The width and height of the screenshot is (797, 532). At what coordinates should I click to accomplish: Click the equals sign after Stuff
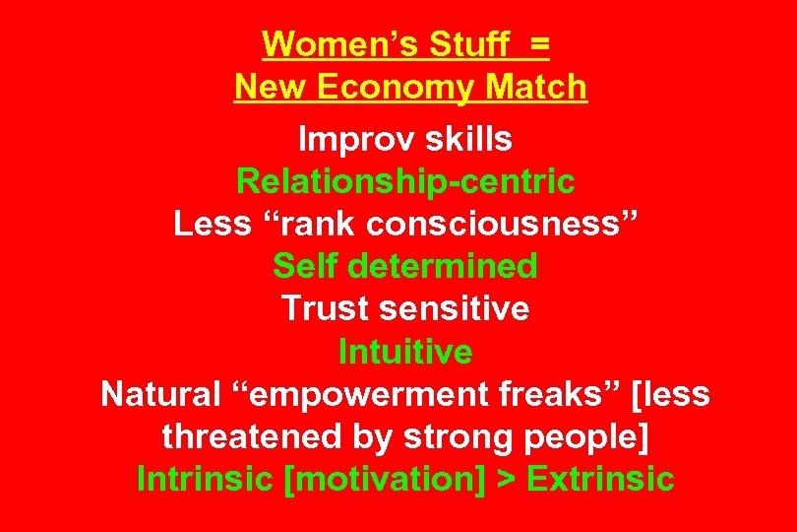pyautogui.click(x=538, y=45)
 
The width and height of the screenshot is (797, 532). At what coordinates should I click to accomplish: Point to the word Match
pyautogui.click(x=536, y=88)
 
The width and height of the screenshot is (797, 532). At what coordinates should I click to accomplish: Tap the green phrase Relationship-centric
pyautogui.click(x=405, y=182)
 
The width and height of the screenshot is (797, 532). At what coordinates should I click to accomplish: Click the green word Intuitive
pyautogui.click(x=405, y=352)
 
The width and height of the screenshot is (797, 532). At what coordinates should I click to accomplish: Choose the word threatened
pyautogui.click(x=246, y=436)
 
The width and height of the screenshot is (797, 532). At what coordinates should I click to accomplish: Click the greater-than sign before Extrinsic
pyautogui.click(x=508, y=480)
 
